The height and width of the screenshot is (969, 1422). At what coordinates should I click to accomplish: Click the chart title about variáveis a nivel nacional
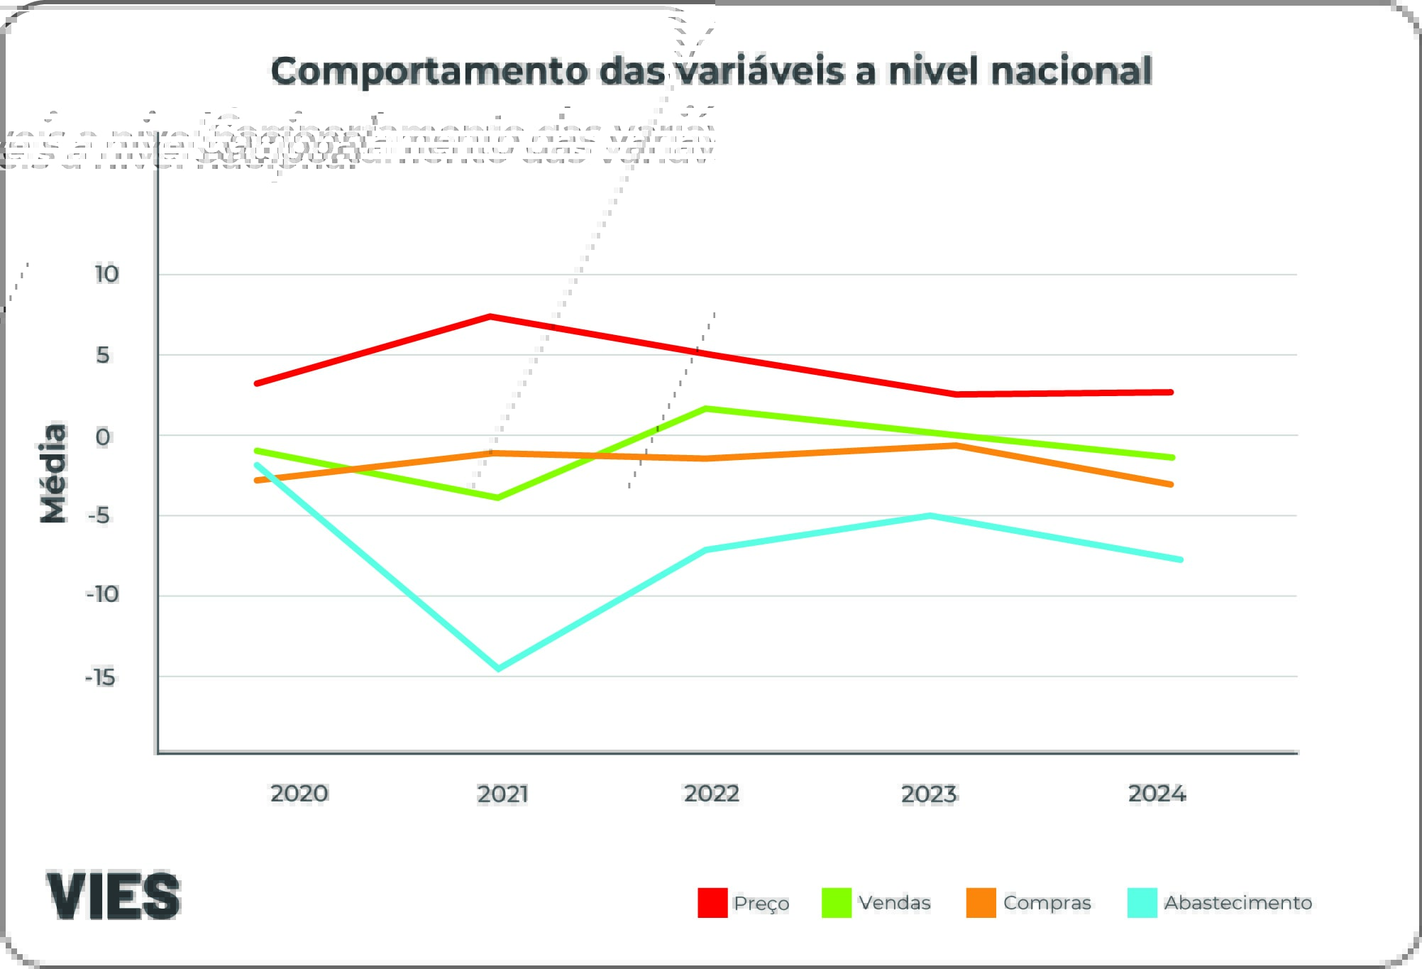pyautogui.click(x=711, y=72)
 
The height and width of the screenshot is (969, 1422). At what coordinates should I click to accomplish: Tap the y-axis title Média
pyautogui.click(x=53, y=473)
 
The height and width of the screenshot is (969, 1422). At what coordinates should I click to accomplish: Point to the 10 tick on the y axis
pyautogui.click(x=106, y=274)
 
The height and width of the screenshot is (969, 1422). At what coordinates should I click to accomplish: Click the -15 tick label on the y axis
pyautogui.click(x=100, y=678)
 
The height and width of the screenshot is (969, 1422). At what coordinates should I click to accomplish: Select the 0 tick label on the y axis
pyautogui.click(x=103, y=437)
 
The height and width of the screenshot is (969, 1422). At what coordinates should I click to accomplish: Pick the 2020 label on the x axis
pyautogui.click(x=299, y=794)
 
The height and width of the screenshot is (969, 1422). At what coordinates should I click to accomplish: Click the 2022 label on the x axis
pyautogui.click(x=712, y=794)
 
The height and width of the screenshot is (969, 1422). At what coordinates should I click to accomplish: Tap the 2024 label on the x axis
pyautogui.click(x=1157, y=794)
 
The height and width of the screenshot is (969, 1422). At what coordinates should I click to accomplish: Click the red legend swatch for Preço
pyautogui.click(x=712, y=903)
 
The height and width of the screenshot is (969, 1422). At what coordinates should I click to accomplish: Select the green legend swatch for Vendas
pyautogui.click(x=837, y=903)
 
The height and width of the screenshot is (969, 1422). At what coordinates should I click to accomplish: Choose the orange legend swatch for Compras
pyautogui.click(x=981, y=903)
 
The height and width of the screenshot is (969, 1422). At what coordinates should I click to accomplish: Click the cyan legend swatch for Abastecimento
pyautogui.click(x=1142, y=903)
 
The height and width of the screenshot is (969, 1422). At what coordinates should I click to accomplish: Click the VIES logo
pyautogui.click(x=114, y=896)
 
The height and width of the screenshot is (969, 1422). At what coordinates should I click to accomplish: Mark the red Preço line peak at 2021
pyautogui.click(x=490, y=317)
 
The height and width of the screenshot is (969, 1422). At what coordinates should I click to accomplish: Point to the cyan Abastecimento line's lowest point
pyautogui.click(x=498, y=668)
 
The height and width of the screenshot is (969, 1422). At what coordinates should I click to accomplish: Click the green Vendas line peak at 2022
pyautogui.click(x=705, y=409)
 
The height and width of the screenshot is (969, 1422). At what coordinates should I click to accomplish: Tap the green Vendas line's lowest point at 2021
pyautogui.click(x=498, y=498)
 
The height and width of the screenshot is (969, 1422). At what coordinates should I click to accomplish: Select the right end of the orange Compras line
pyautogui.click(x=1171, y=485)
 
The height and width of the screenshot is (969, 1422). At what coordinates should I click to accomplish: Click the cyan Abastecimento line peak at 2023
pyautogui.click(x=930, y=516)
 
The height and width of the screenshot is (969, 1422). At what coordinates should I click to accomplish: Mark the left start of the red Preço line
pyautogui.click(x=257, y=383)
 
